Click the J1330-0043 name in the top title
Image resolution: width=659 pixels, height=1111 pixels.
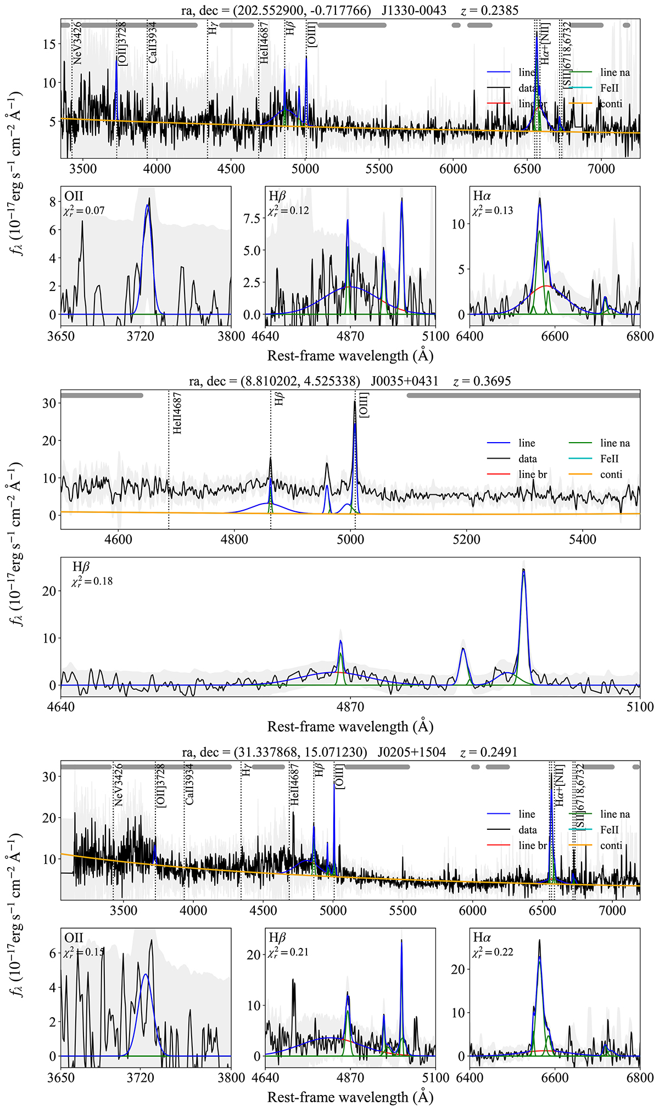coord(414,10)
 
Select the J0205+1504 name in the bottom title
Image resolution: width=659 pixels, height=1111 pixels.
coord(411,752)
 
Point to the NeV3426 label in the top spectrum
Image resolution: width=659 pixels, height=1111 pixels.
coord(77,43)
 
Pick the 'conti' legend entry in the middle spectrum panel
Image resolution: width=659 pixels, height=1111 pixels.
coord(611,474)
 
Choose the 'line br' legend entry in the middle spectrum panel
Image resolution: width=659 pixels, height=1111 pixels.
coord(532,474)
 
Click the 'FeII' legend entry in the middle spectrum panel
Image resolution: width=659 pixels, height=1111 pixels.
coord(609,459)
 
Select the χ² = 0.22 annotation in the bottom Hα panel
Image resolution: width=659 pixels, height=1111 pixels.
coord(493,952)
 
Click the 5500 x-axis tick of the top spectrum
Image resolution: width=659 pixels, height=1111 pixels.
coord(379,169)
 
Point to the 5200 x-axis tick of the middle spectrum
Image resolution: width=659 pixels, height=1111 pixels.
coord(466,539)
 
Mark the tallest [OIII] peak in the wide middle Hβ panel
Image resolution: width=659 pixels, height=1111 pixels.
coord(523,570)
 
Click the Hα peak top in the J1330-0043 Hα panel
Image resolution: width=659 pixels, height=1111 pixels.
coord(540,198)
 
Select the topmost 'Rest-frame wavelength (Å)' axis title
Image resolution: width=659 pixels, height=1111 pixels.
coord(350,356)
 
